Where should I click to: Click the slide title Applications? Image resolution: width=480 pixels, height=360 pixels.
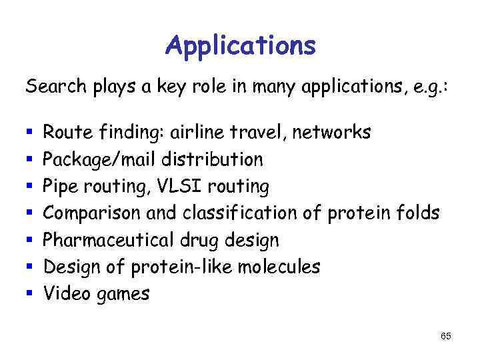(x=240, y=45)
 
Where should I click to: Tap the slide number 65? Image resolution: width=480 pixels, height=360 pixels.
(x=446, y=337)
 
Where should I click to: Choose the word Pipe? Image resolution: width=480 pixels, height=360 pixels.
(x=62, y=187)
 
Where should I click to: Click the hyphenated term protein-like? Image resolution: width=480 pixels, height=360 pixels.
(x=172, y=267)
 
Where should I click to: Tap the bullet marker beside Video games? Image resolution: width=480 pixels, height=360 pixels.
(x=28, y=294)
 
